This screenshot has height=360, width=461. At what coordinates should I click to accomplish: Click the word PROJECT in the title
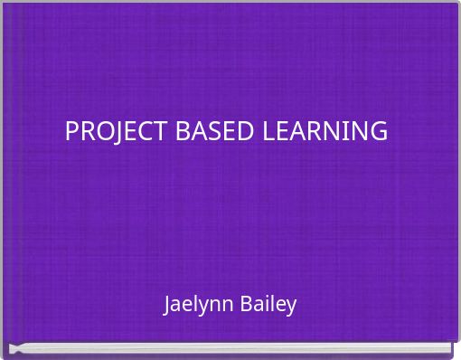[115, 131]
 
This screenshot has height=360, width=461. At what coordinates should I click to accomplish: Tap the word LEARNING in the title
[325, 131]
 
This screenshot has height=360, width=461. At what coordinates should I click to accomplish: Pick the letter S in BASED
[212, 131]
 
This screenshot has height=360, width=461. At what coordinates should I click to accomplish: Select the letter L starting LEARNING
[268, 131]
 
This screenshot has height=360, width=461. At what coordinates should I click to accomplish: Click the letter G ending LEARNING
[379, 131]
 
